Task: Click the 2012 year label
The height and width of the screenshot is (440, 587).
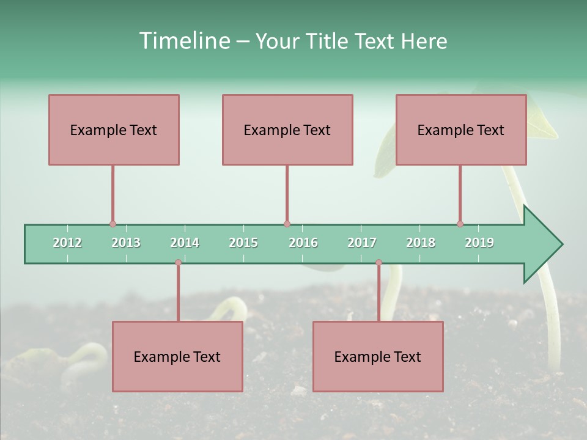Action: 67,243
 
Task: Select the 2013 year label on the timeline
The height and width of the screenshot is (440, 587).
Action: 126,243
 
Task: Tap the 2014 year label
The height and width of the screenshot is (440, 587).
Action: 185,243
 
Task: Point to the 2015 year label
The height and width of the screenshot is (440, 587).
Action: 243,243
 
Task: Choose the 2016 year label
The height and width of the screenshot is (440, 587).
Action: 303,243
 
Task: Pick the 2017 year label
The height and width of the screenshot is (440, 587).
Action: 362,243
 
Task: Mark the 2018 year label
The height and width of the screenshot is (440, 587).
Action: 421,243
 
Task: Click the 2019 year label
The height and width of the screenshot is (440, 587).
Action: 479,243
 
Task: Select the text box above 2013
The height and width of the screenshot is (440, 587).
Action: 114,130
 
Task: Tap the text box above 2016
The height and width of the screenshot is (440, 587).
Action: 287,130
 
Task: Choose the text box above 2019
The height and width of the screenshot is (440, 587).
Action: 461,130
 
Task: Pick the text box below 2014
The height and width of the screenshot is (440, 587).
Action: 177,356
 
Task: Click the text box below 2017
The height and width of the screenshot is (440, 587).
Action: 378,356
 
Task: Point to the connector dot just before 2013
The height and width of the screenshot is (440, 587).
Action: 113,224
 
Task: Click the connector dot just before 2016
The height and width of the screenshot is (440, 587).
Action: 287,224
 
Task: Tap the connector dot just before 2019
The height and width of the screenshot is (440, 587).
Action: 460,224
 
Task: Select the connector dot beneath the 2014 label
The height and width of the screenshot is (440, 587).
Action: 178,263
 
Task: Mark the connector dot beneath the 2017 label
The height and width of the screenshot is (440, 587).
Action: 378,263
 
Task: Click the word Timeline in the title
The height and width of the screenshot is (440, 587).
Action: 183,41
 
